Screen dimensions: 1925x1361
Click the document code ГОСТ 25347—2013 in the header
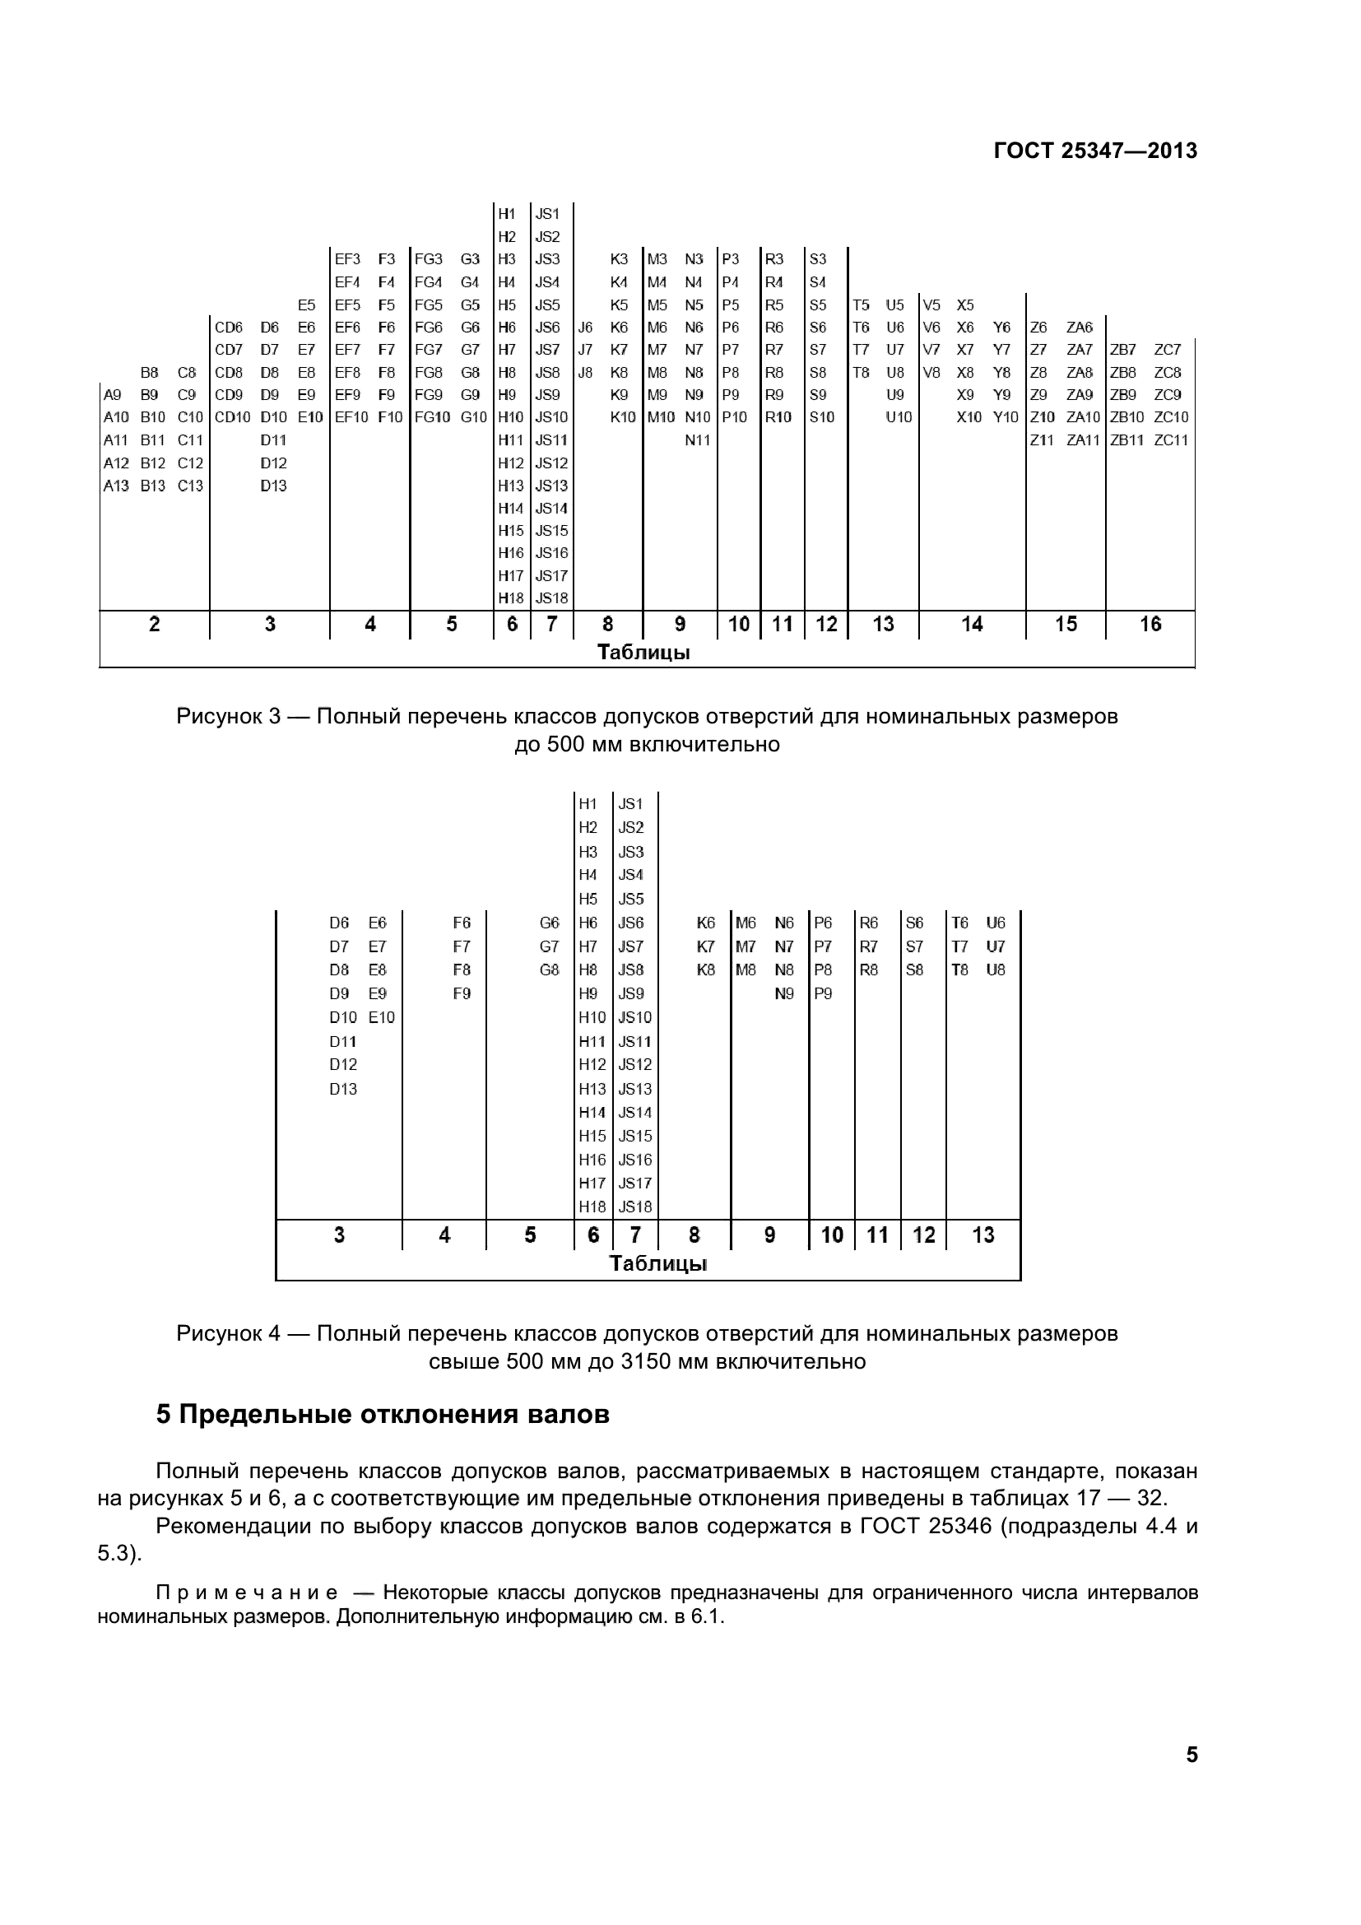click(x=1094, y=151)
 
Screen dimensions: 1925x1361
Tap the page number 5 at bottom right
click(x=1191, y=1755)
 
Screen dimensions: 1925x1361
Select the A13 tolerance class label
click(x=116, y=486)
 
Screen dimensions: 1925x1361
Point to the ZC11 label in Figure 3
click(x=1171, y=440)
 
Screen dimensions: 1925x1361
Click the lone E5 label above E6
click(x=307, y=305)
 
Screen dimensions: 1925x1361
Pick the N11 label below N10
click(x=697, y=440)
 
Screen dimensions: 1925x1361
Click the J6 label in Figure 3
click(x=585, y=328)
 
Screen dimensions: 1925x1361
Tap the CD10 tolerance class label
click(x=232, y=417)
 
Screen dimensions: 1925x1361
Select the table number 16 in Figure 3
click(x=1150, y=624)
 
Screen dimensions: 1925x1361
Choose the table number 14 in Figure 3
click(x=971, y=624)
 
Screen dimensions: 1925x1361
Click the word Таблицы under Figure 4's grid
click(x=658, y=1262)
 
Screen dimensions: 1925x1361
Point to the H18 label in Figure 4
click(x=592, y=1207)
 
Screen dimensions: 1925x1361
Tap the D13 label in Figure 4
click(x=343, y=1089)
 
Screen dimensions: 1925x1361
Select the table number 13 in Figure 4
click(x=982, y=1235)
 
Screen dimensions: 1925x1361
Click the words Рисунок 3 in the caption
click(x=227, y=717)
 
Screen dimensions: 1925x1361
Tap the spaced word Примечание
click(x=247, y=1593)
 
